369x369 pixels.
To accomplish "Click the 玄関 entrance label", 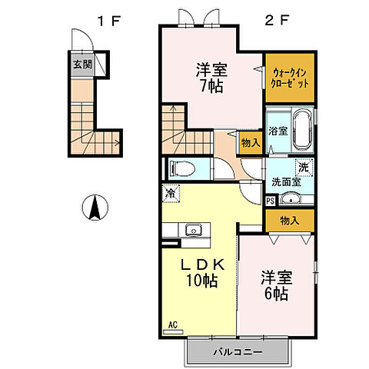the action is pos(82,65).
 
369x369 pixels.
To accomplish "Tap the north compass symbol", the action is pos(95,208).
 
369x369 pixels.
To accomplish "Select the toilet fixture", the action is pos(182,169).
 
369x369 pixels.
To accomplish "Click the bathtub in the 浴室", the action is pos(303,130).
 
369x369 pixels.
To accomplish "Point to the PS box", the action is pos(271,201).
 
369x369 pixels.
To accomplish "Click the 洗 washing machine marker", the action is pos(304,168).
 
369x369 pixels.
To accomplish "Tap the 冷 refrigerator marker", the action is pos(171,194).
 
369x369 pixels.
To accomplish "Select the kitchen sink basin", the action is pos(194,230).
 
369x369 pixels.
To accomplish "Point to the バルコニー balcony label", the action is pos(238,352).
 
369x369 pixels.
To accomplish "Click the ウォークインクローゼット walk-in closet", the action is pos(290,78).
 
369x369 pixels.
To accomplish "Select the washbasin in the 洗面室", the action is pos(291,198).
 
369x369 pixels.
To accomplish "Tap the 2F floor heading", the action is pos(277,21).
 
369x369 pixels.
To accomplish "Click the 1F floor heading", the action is pos(109,21).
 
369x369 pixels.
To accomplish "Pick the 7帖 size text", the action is pos(211,85).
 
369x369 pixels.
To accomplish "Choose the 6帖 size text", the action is pos(276,294).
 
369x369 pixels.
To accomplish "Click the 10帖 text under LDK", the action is pos(202,281).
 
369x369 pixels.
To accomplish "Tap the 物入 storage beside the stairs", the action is pos(251,143).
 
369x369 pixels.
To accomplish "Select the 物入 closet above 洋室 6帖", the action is pos(290,221).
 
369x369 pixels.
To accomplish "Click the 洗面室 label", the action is pos(286,182).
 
